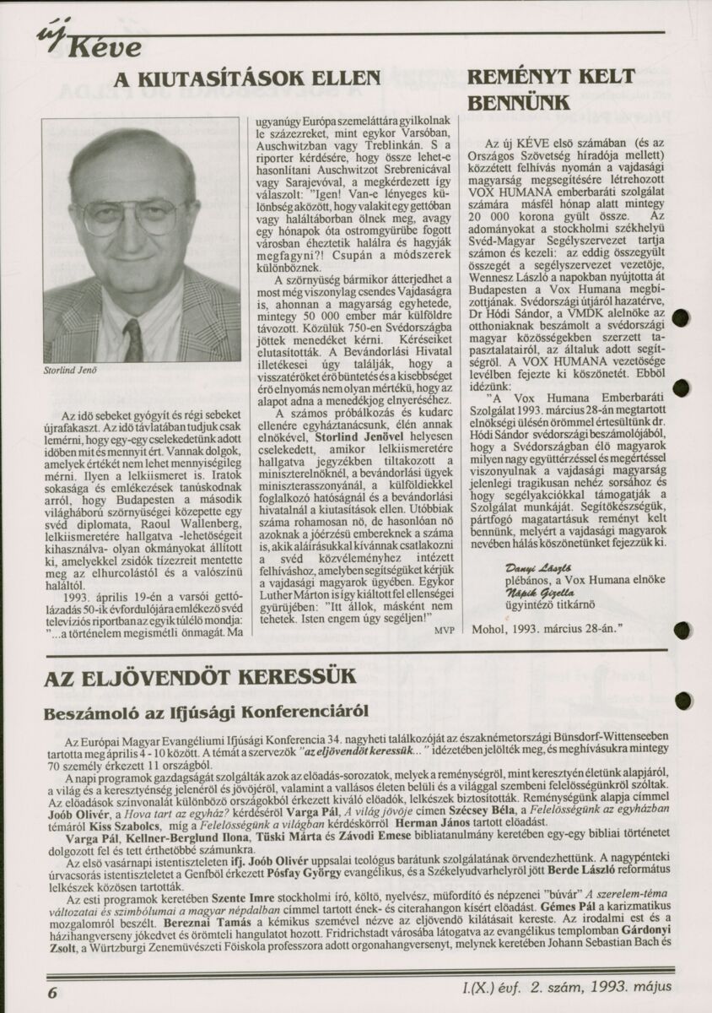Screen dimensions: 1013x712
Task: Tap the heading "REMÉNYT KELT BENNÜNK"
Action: (551, 89)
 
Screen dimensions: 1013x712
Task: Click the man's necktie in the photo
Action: (133, 339)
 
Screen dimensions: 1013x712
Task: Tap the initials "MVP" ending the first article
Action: (443, 630)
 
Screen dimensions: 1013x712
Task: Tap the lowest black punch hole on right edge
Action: (682, 700)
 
